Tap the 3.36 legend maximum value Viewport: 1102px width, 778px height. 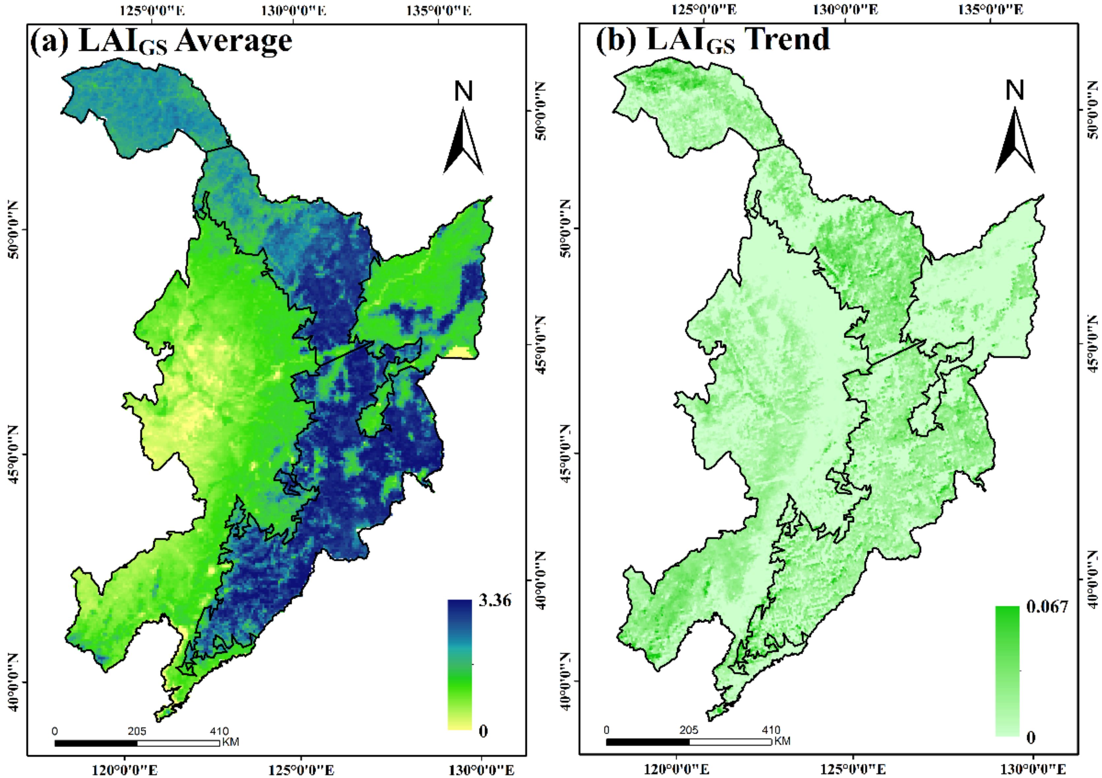[495, 600]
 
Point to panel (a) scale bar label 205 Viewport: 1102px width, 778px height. [137, 732]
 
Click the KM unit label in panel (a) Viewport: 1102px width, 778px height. [230, 742]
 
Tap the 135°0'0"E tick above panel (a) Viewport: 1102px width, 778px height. [438, 11]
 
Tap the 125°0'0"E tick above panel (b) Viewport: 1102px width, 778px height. [704, 10]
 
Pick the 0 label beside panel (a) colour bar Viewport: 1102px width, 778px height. [483, 731]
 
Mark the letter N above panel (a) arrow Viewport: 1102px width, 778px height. [463, 91]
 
